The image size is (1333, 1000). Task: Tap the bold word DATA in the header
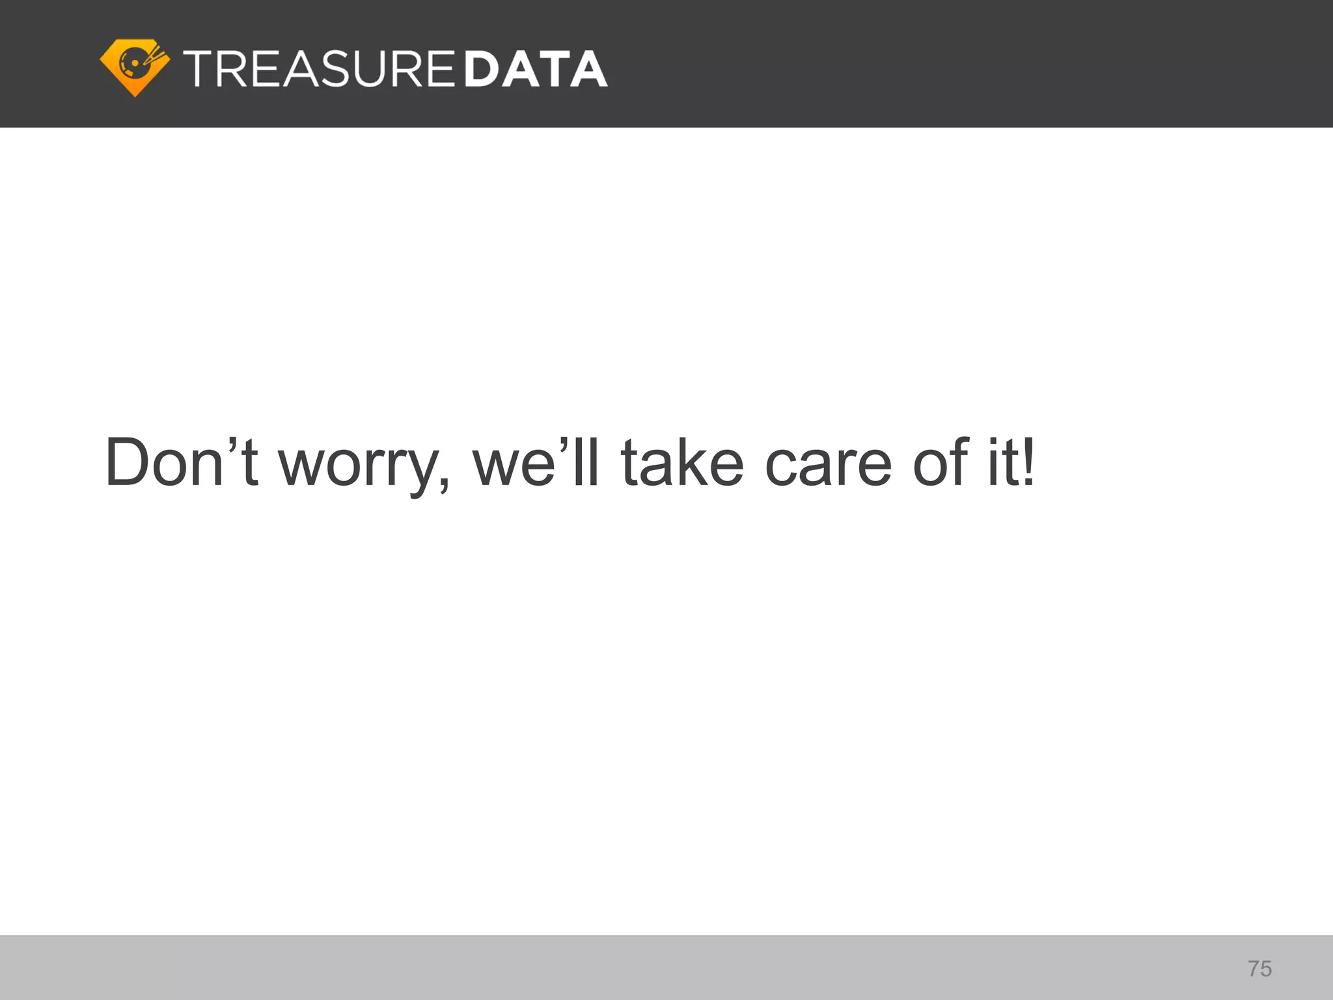click(x=536, y=69)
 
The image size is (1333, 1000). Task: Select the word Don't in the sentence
click(x=182, y=462)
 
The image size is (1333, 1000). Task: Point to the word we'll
click(x=535, y=462)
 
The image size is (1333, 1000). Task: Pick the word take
click(x=681, y=462)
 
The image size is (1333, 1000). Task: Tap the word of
click(x=941, y=462)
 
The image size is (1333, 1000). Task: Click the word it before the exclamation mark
click(x=1002, y=462)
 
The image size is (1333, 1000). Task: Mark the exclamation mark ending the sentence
click(x=1028, y=462)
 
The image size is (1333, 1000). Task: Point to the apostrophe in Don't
click(x=232, y=445)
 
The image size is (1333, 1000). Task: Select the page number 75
click(x=1259, y=969)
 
